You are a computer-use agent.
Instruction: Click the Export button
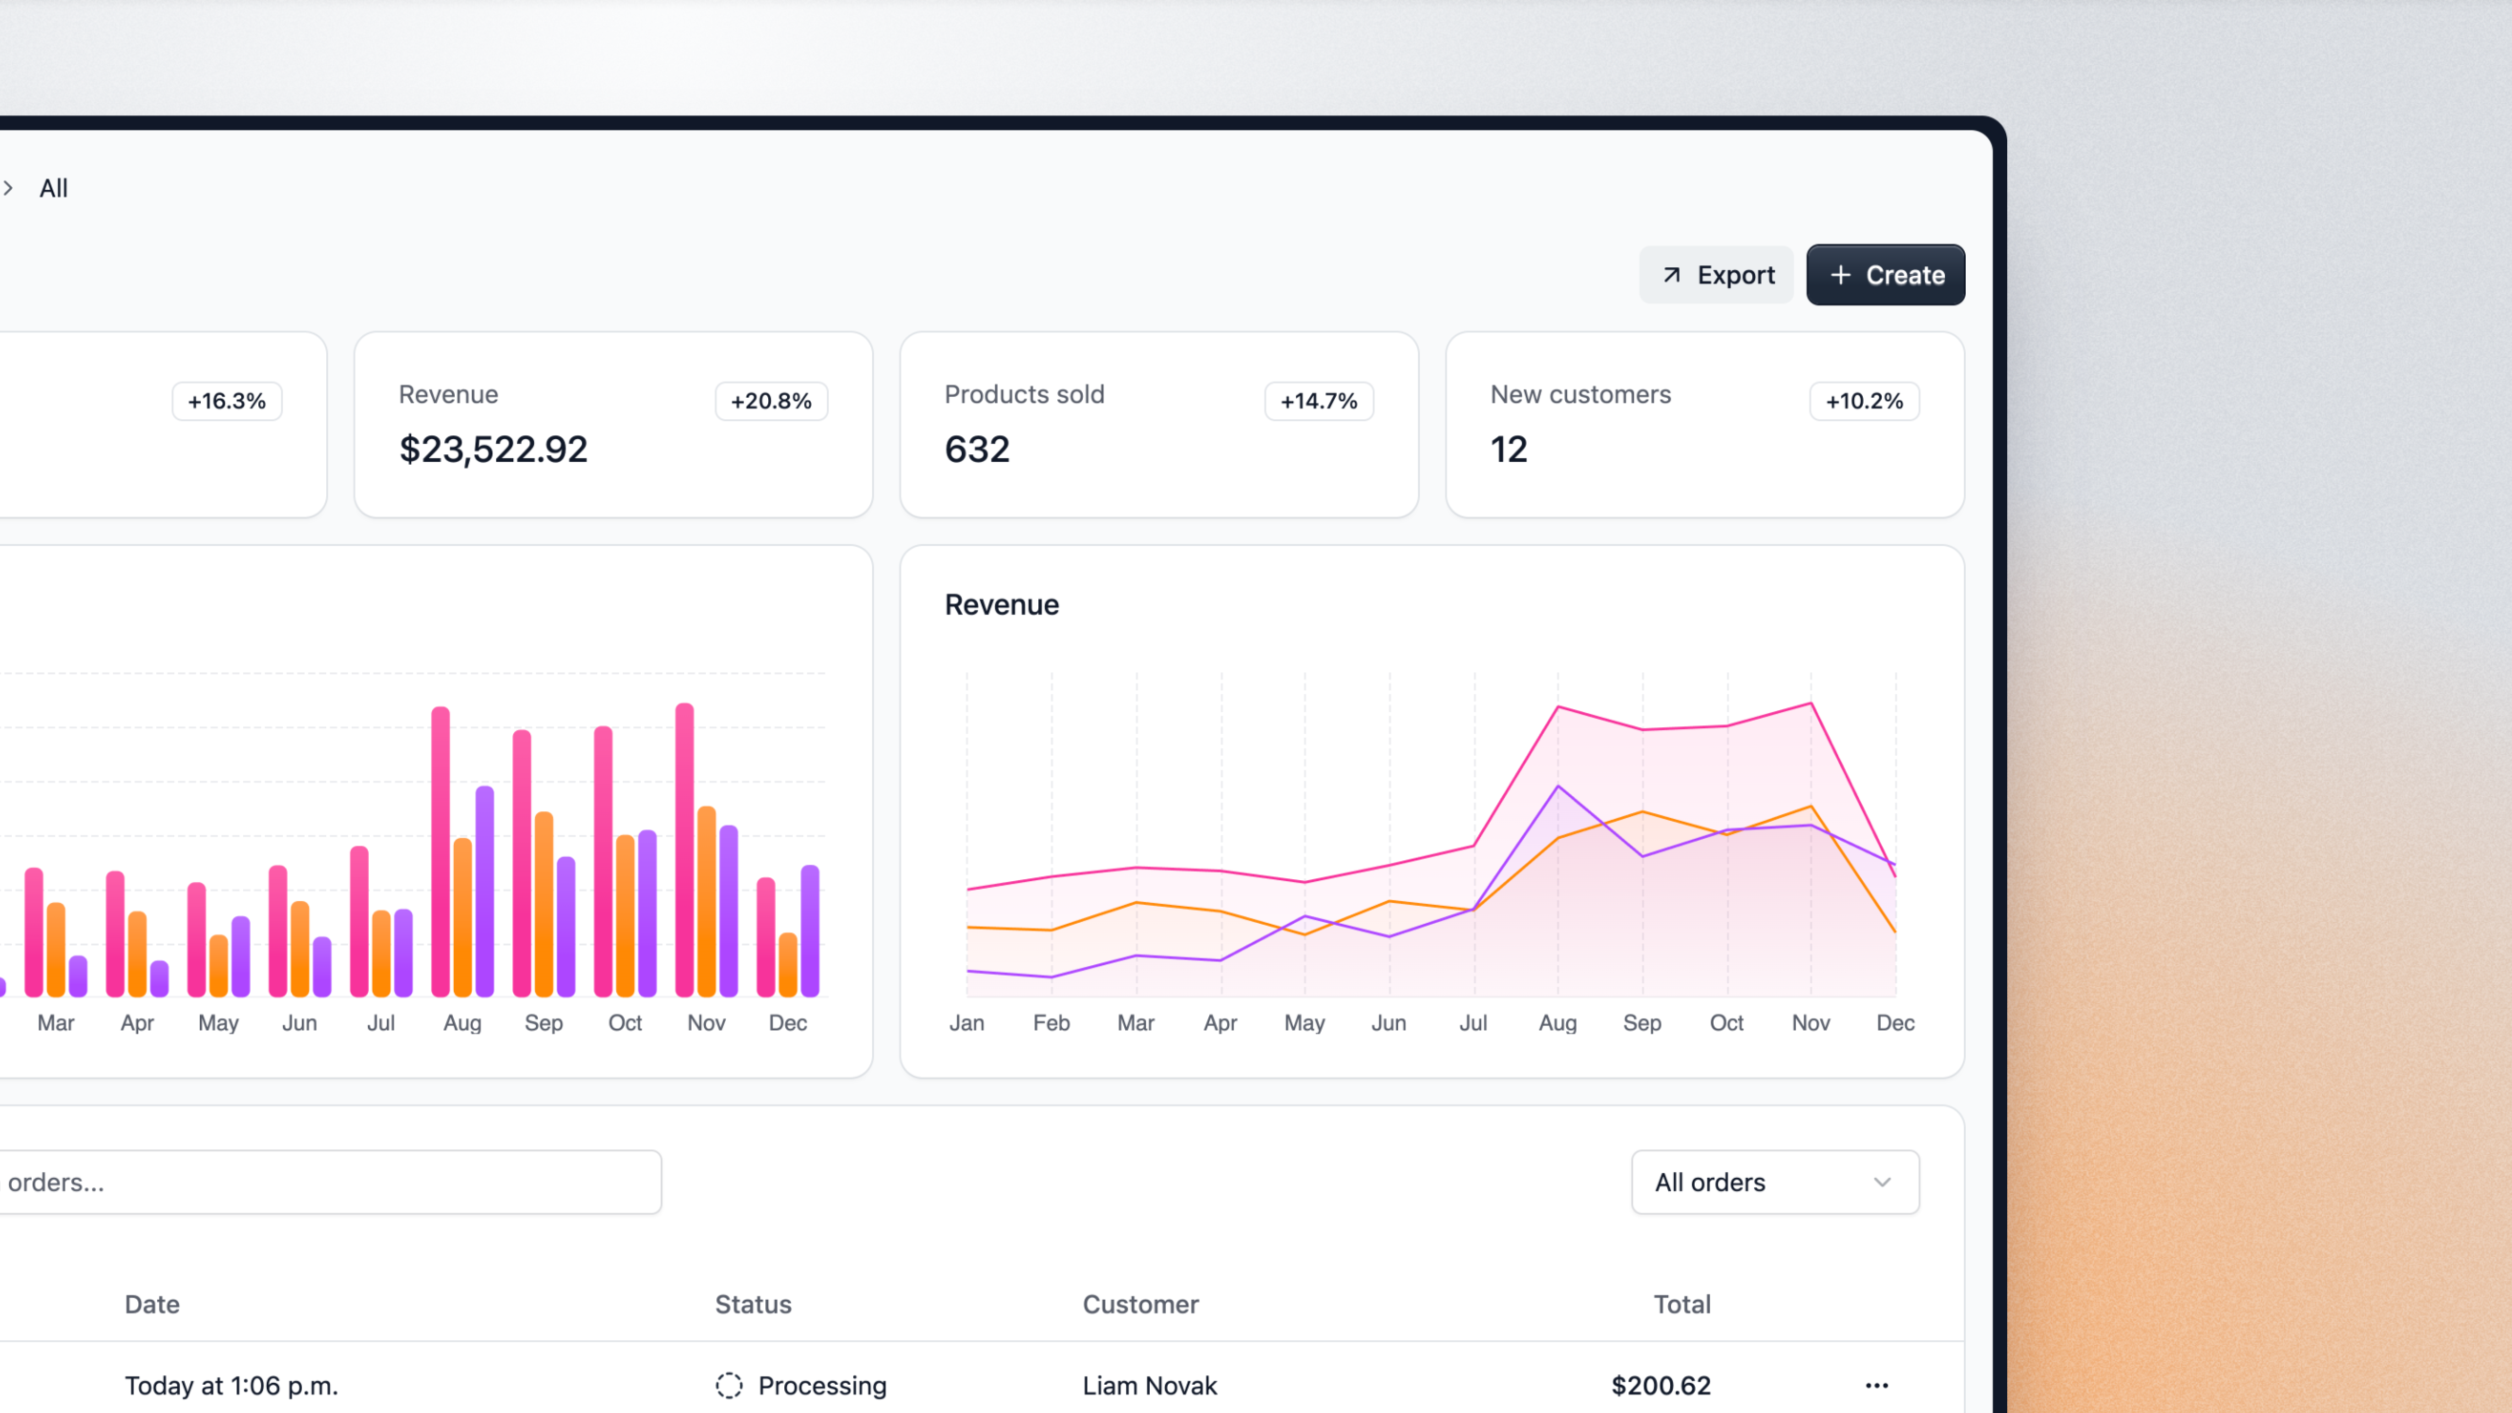(x=1716, y=275)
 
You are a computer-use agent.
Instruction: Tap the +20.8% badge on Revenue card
(x=772, y=401)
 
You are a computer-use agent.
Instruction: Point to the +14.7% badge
(x=1318, y=401)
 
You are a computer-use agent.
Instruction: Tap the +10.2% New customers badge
(x=1864, y=401)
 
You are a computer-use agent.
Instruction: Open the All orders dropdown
(x=1775, y=1182)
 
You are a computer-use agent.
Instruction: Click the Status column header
(x=753, y=1304)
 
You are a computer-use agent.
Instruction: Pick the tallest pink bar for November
(x=685, y=848)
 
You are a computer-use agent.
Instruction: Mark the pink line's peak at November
(x=1811, y=703)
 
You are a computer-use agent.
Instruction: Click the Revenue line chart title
(x=1001, y=604)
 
